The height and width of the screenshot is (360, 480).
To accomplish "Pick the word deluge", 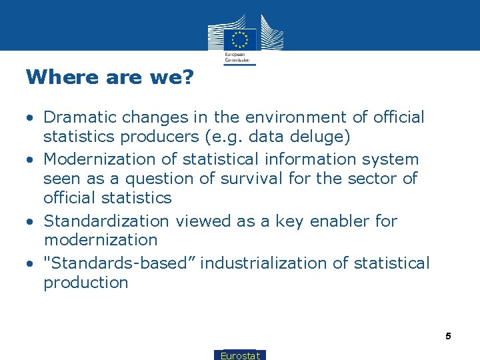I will [329, 137].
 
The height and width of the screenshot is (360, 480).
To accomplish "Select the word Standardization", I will [106, 221].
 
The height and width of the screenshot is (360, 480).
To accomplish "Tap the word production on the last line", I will [85, 283].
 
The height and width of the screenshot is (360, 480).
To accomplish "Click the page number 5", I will [449, 337].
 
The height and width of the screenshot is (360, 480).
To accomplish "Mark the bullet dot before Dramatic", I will [30, 119].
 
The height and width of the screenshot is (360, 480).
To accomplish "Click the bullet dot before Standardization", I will [30, 222].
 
